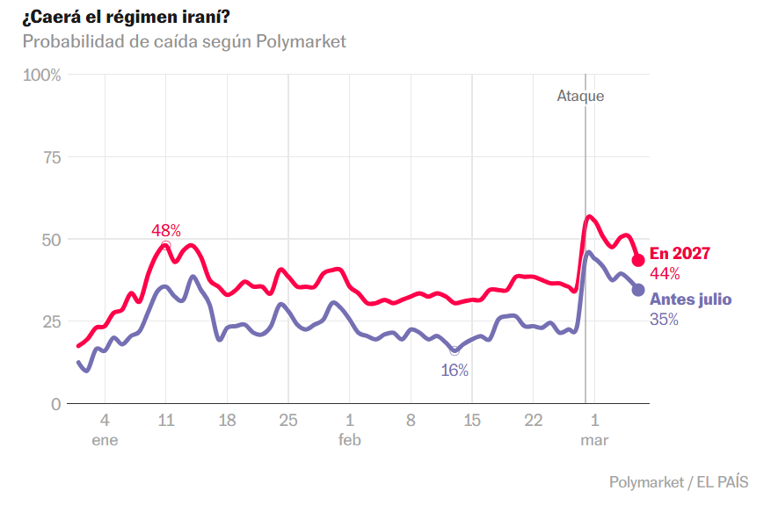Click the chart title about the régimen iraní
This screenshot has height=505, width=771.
pos(127,18)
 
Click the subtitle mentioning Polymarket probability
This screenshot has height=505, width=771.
pos(185,42)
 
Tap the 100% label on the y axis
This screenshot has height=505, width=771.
pos(42,76)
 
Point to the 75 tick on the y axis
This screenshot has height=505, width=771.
pos(52,158)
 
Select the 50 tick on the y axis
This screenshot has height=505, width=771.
pos(52,240)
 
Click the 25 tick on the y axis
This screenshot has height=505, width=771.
pos(52,321)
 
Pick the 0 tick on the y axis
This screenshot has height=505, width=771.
pos(56,404)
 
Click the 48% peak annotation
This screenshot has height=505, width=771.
pos(166,230)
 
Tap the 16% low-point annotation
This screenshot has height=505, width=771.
pos(455,371)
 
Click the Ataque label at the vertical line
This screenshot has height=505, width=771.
pos(581,96)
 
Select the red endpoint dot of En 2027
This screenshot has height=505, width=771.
pos(638,260)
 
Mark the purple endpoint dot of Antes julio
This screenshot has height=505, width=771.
pos(638,290)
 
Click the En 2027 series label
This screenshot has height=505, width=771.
pos(680,254)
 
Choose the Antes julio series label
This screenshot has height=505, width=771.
pos(691,299)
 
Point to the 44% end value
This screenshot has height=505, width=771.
pos(665,274)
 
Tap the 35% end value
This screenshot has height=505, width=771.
pos(665,320)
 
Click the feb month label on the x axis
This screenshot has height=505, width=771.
pos(350,440)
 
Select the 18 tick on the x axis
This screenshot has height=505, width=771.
pos(227,421)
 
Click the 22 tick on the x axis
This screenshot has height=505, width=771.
pos(534,421)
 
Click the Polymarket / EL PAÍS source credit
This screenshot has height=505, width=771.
pos(679,482)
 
